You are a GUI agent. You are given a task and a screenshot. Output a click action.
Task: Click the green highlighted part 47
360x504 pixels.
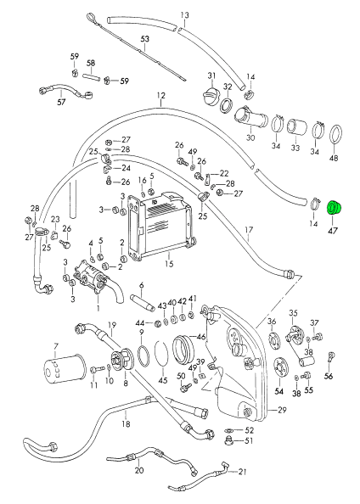[335, 207]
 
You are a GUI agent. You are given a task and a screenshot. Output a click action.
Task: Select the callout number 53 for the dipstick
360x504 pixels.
[145, 39]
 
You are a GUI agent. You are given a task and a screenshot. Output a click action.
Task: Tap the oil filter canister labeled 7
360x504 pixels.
[65, 369]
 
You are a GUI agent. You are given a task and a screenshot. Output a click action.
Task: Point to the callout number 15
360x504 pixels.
[169, 264]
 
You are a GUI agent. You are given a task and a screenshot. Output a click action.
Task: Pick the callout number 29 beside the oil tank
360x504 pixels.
[282, 410]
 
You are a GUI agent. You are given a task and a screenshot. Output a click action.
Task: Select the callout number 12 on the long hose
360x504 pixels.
[161, 96]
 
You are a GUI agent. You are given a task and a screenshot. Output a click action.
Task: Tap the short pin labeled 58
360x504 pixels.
[92, 77]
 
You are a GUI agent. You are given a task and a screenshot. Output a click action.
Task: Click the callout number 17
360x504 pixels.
[249, 230]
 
